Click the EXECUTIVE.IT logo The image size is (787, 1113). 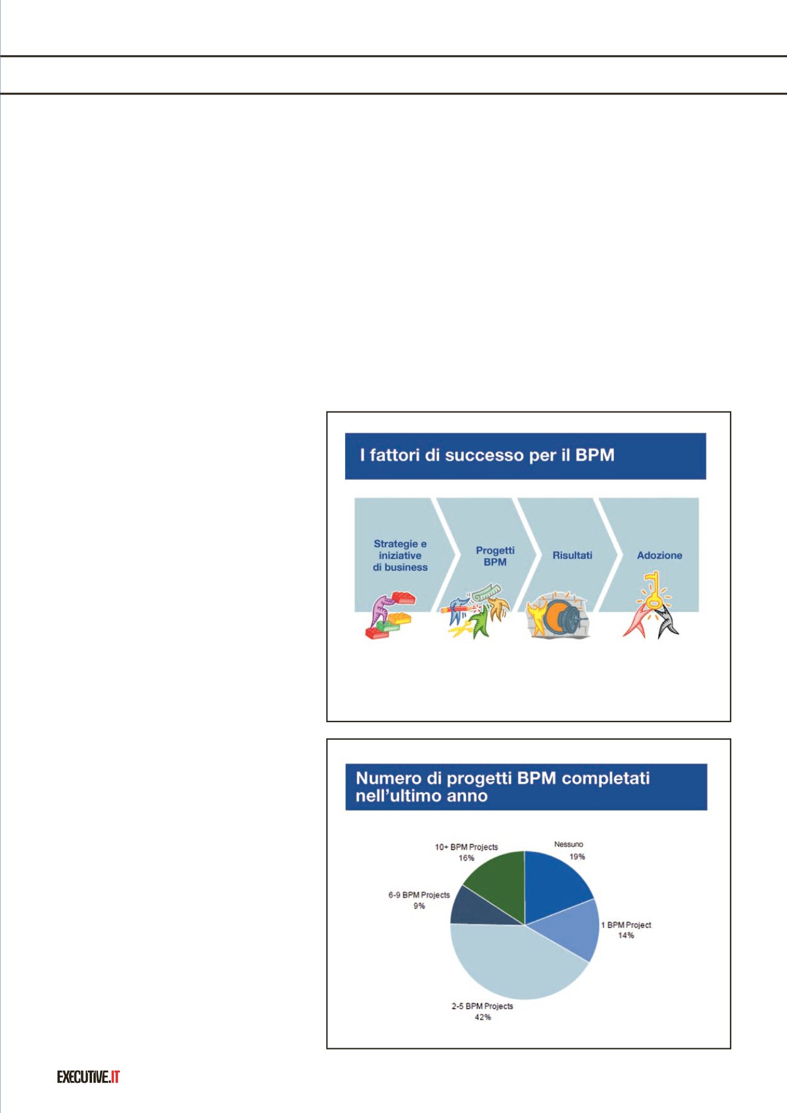click(x=88, y=1077)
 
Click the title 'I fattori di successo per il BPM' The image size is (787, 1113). click(x=487, y=455)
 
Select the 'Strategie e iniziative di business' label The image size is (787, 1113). click(x=400, y=556)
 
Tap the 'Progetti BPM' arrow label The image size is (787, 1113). click(x=495, y=556)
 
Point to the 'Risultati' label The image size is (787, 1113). click(x=572, y=555)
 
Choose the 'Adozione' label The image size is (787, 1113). click(x=659, y=555)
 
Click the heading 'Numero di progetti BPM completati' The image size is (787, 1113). click(x=503, y=778)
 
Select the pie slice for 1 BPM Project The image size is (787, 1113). click(x=569, y=928)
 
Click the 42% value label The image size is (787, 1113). click(x=482, y=1017)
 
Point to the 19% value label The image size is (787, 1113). click(x=577, y=856)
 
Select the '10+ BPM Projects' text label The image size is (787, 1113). click(x=466, y=847)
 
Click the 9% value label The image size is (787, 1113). click(x=419, y=906)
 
